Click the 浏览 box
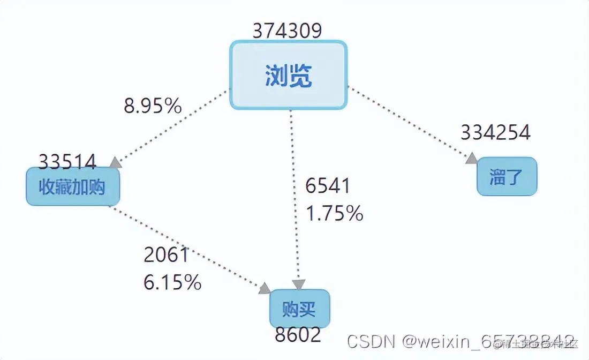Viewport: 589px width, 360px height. click(x=289, y=76)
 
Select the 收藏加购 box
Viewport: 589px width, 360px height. click(x=73, y=187)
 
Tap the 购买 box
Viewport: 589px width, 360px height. click(x=299, y=309)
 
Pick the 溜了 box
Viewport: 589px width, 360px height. click(x=507, y=176)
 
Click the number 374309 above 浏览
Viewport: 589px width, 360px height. click(x=288, y=31)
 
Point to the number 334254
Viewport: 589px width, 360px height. click(x=495, y=132)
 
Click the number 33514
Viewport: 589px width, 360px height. click(x=67, y=161)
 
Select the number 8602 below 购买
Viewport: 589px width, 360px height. click(x=298, y=335)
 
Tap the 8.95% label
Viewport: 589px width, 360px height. click(x=153, y=106)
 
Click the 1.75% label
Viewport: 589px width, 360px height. click(x=335, y=213)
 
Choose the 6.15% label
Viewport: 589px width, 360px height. click(x=172, y=282)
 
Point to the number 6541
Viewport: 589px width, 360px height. click(x=328, y=186)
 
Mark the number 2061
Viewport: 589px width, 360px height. click(x=167, y=255)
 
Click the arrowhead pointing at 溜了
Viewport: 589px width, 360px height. click(x=472, y=159)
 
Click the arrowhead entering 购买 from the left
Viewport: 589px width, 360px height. click(x=265, y=289)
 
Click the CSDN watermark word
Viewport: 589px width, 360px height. click(x=369, y=341)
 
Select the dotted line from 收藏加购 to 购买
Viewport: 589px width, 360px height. click(x=187, y=247)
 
